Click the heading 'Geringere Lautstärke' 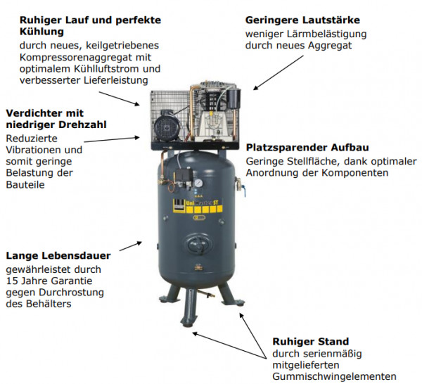(x=302, y=20)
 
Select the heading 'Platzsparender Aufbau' (x=307, y=148)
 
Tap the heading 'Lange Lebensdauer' (x=58, y=255)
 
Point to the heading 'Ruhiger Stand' (x=311, y=342)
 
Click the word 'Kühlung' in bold (x=41, y=32)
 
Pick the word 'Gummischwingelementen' (x=334, y=376)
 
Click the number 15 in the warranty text (x=11, y=281)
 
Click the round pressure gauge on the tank (x=198, y=183)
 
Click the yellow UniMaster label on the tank (x=198, y=206)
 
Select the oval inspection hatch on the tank (x=198, y=244)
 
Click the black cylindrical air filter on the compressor (x=233, y=98)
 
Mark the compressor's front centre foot (x=188, y=309)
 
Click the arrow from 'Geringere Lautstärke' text (x=279, y=72)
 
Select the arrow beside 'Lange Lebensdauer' (x=131, y=246)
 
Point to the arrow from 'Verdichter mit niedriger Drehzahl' (x=112, y=139)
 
